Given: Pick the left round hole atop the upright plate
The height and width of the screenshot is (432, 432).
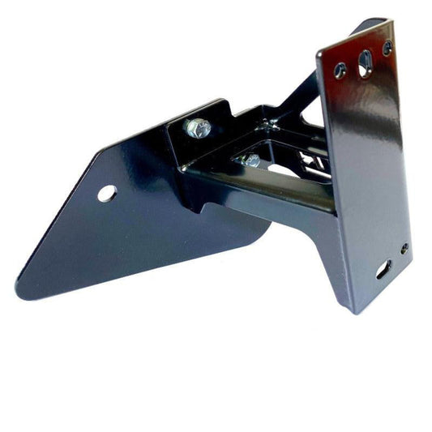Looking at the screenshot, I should click(x=340, y=70).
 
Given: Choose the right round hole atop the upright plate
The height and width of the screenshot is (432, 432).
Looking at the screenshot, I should click(x=387, y=49).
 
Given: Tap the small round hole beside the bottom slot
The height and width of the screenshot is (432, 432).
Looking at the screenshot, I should click(x=404, y=249).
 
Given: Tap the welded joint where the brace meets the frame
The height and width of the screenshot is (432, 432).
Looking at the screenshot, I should click(x=267, y=126).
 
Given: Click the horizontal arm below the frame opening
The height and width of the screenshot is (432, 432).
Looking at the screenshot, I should click(x=259, y=190).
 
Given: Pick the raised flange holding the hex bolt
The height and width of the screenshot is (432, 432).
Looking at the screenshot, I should click(x=199, y=113).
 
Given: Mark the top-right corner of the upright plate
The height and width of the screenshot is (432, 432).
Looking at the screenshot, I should click(x=391, y=23).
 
